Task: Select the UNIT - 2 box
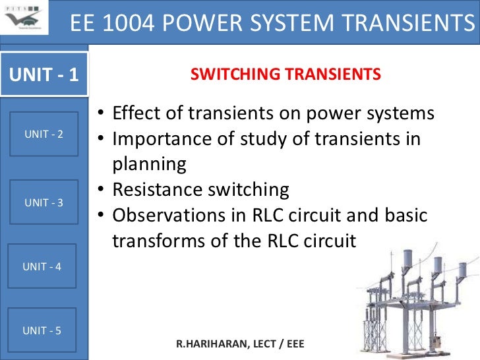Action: (x=44, y=135)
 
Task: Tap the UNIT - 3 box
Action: (x=44, y=202)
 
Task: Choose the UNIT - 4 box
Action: (x=42, y=266)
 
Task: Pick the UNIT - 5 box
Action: (x=42, y=330)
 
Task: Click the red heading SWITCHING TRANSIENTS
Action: (x=285, y=75)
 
